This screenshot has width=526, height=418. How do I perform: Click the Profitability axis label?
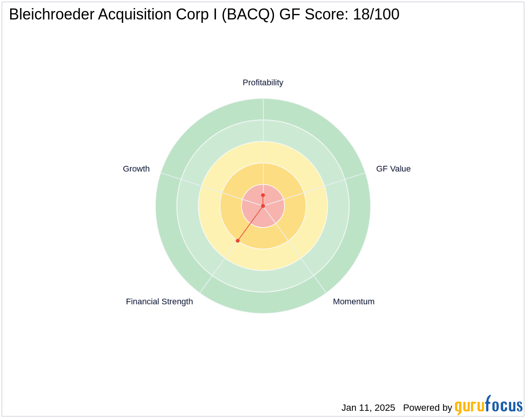[263, 82]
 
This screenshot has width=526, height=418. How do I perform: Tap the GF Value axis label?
[393, 169]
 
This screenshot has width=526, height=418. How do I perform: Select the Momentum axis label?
[354, 302]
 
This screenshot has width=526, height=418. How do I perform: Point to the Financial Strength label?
[159, 302]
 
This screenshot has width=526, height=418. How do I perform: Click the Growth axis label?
[136, 169]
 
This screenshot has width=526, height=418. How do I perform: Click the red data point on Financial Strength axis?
[238, 241]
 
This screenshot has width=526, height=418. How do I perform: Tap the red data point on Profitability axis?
[263, 195]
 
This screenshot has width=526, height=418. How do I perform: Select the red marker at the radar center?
[263, 206]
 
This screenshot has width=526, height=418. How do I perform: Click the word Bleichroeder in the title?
[52, 14]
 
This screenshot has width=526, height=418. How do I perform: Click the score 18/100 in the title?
[376, 14]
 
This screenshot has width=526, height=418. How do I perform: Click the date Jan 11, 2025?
[368, 407]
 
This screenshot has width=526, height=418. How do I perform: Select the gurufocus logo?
[488, 405]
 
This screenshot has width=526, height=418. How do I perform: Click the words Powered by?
[427, 408]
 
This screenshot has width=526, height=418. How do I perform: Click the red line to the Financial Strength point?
[250, 223]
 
